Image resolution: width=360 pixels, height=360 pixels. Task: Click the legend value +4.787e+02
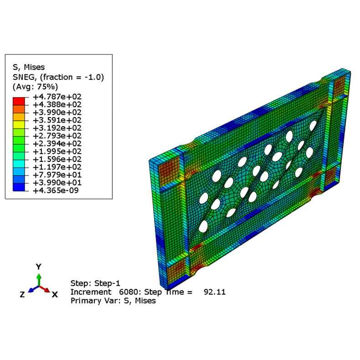57,97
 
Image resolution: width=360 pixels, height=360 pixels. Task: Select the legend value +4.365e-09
56,190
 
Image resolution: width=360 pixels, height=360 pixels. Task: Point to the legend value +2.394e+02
57,144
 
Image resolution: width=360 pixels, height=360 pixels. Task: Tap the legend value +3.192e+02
57,128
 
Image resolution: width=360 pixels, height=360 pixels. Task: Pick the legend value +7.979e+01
57,175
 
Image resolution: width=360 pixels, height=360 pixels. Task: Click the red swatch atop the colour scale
19,101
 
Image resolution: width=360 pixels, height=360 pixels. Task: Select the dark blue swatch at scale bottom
19,187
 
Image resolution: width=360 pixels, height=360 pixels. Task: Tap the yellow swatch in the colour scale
19,125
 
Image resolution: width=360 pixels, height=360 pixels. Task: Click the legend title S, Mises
29,67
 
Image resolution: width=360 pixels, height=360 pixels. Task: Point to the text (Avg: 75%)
35,87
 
